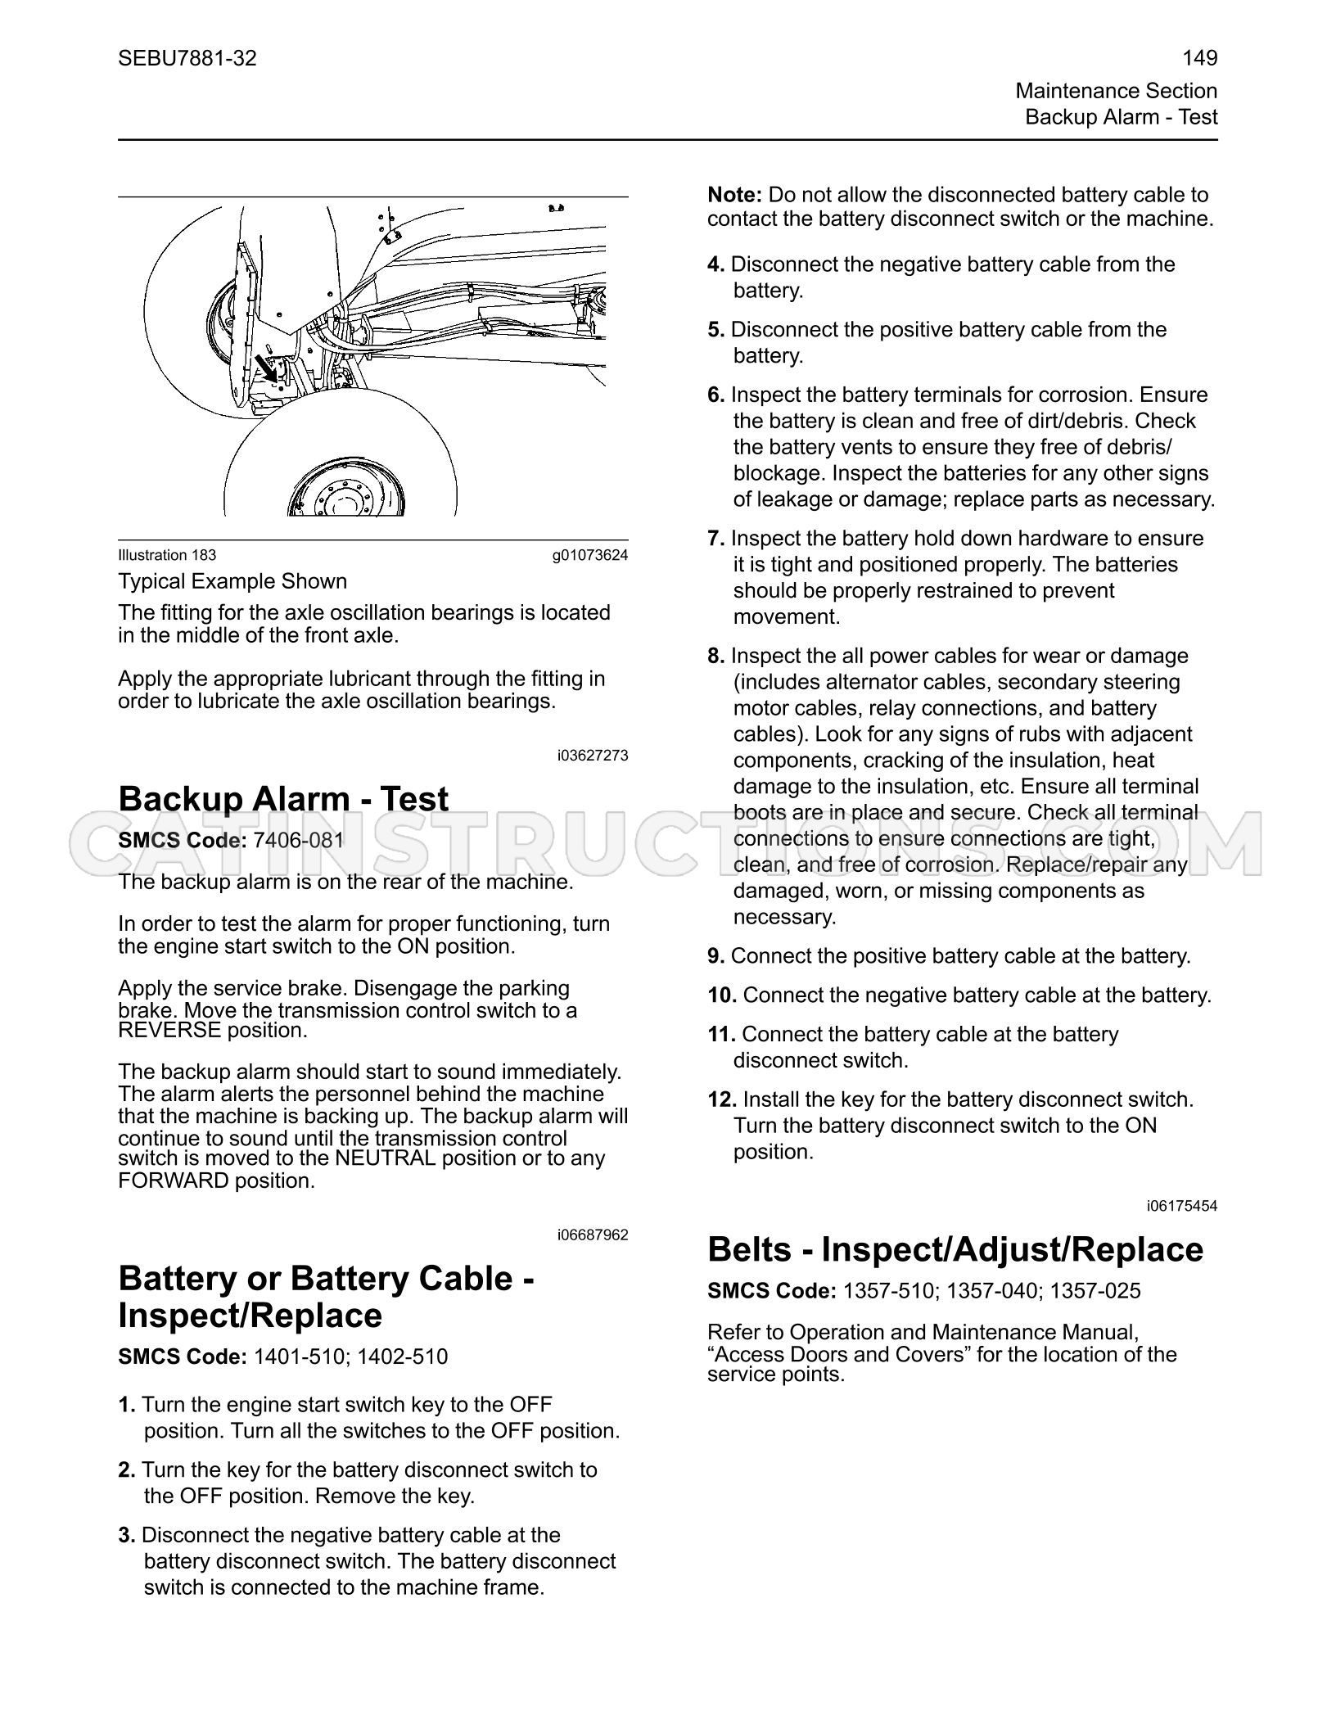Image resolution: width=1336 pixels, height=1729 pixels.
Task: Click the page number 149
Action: pyautogui.click(x=1200, y=58)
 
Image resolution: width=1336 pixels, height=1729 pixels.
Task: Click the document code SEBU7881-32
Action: pyautogui.click(x=187, y=58)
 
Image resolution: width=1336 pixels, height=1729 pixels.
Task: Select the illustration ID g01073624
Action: pyautogui.click(x=590, y=555)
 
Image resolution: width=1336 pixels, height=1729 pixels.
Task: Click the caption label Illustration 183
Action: pyautogui.click(x=167, y=555)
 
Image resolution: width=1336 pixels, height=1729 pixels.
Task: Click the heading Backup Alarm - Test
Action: pyautogui.click(x=283, y=799)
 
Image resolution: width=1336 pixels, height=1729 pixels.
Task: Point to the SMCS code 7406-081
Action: pyautogui.click(x=299, y=841)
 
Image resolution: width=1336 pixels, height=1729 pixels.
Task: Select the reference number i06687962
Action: pyautogui.click(x=593, y=1235)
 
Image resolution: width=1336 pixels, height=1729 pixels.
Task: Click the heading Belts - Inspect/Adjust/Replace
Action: pyautogui.click(x=955, y=1249)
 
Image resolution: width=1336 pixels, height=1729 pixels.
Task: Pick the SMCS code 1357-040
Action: pyautogui.click(x=991, y=1291)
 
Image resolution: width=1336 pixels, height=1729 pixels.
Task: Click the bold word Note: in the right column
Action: pyautogui.click(x=735, y=195)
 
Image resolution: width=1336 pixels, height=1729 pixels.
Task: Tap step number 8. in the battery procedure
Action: pyautogui.click(x=716, y=656)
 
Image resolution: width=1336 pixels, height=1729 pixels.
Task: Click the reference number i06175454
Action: pyautogui.click(x=1182, y=1206)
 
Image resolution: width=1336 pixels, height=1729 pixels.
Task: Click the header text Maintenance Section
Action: pyautogui.click(x=1117, y=91)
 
